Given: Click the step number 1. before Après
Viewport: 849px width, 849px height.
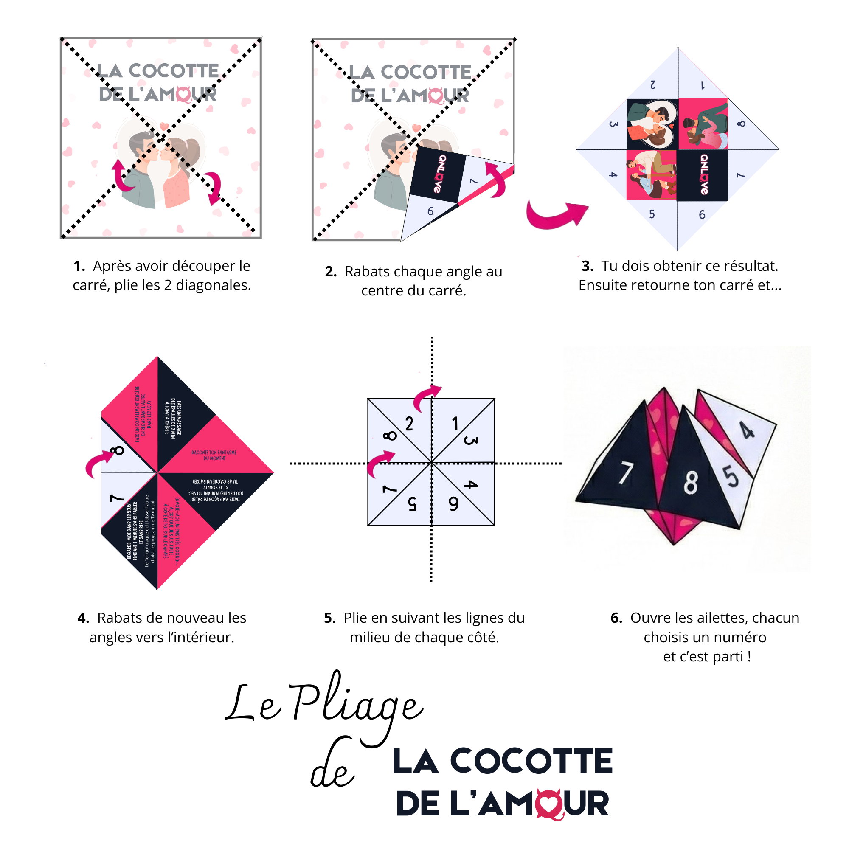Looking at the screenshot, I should coord(79,266).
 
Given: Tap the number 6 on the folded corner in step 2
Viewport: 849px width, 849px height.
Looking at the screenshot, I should coord(430,211).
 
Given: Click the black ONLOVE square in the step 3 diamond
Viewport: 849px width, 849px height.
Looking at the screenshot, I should coord(703,175).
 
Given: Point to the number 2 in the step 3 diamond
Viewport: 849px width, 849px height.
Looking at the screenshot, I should coord(653,85).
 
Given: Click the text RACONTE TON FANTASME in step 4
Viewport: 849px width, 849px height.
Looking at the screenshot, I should coord(214,453).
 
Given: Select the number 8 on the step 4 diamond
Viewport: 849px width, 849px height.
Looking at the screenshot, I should coord(117,450).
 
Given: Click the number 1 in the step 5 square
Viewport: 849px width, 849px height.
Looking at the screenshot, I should coord(455,424).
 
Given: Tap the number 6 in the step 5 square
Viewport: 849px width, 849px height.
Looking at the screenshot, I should coord(453,504).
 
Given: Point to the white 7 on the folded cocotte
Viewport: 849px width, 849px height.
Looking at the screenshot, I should coord(625,473).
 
